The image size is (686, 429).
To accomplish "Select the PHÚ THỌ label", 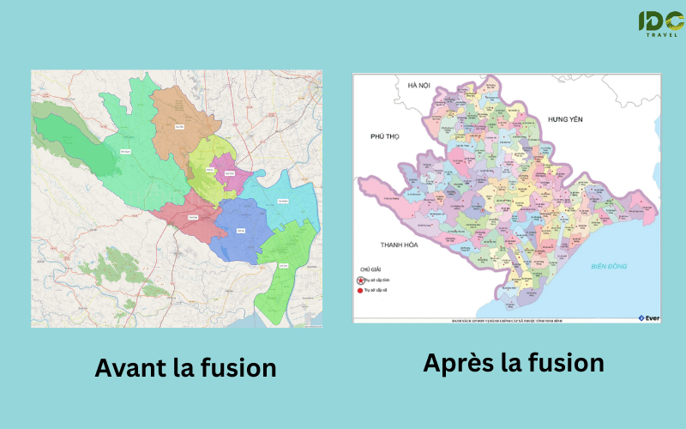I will tap(386, 136).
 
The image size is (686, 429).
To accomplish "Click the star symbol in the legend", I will tap(360, 280).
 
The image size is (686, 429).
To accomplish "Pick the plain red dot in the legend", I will tap(360, 292).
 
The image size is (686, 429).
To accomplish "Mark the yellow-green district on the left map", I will tap(206, 167).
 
